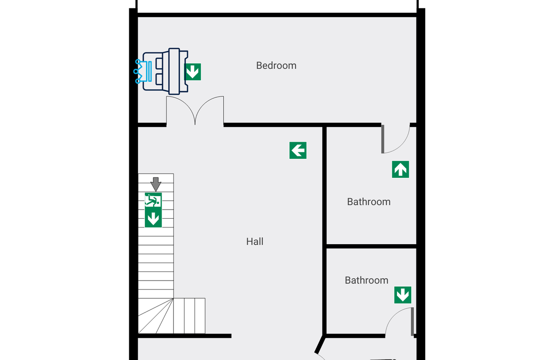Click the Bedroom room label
pyautogui.click(x=276, y=66)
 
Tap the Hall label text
pyautogui.click(x=255, y=241)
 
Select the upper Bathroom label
pyautogui.click(x=369, y=202)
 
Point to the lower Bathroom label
pyautogui.click(x=367, y=280)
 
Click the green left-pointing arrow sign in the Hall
pyautogui.click(x=298, y=150)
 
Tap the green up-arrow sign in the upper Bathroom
pyautogui.click(x=400, y=169)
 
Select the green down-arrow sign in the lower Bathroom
pyautogui.click(x=403, y=295)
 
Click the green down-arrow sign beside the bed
pyautogui.click(x=193, y=72)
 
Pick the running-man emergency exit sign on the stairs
pyautogui.click(x=153, y=200)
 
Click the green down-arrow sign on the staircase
pyautogui.click(x=153, y=218)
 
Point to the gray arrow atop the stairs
pyautogui.click(x=156, y=184)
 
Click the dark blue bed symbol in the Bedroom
pyautogui.click(x=165, y=72)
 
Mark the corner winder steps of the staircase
pyautogui.click(x=156, y=316)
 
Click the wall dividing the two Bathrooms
pyautogui.click(x=372, y=246)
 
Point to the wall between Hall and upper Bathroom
pyautogui.click(x=325, y=230)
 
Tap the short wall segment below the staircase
pyautogui.click(x=185, y=336)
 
